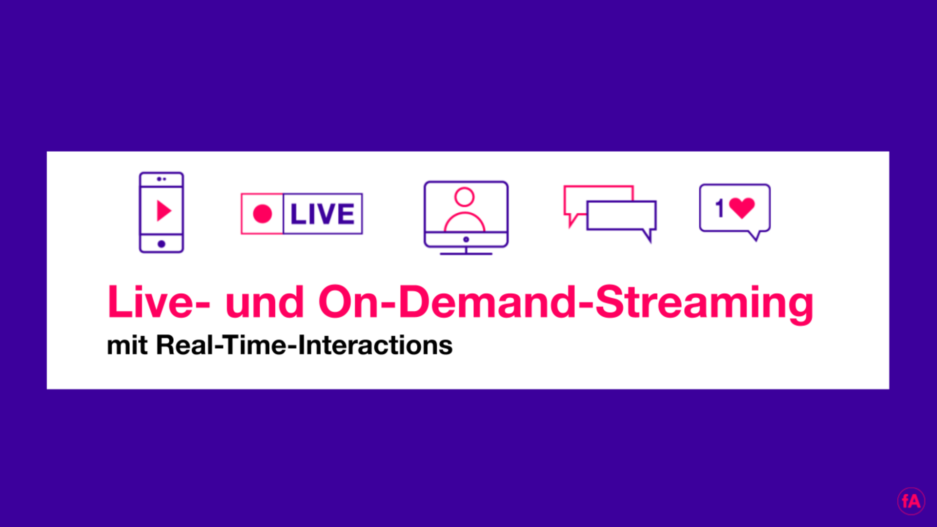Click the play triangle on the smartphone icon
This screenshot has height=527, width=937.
pyautogui.click(x=163, y=211)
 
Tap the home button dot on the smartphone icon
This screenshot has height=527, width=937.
pyautogui.click(x=162, y=243)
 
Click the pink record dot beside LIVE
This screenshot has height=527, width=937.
pyautogui.click(x=262, y=214)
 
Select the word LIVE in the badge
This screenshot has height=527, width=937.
pyautogui.click(x=322, y=214)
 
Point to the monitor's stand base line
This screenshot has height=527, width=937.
pyautogui.click(x=466, y=254)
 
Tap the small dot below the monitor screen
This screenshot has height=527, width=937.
pyautogui.click(x=466, y=239)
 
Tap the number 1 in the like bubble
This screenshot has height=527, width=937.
pyautogui.click(x=719, y=208)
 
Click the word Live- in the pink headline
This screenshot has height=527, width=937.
pyautogui.click(x=159, y=302)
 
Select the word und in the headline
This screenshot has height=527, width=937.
pyautogui.click(x=265, y=302)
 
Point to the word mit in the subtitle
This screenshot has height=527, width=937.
pyautogui.click(x=127, y=345)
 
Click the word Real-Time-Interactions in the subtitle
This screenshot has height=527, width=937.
pyautogui.click(x=305, y=345)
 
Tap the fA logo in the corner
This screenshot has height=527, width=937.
pyautogui.click(x=911, y=501)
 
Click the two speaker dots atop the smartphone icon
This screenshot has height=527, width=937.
pyautogui.click(x=162, y=179)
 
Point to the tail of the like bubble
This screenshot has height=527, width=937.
pyautogui.click(x=754, y=236)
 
